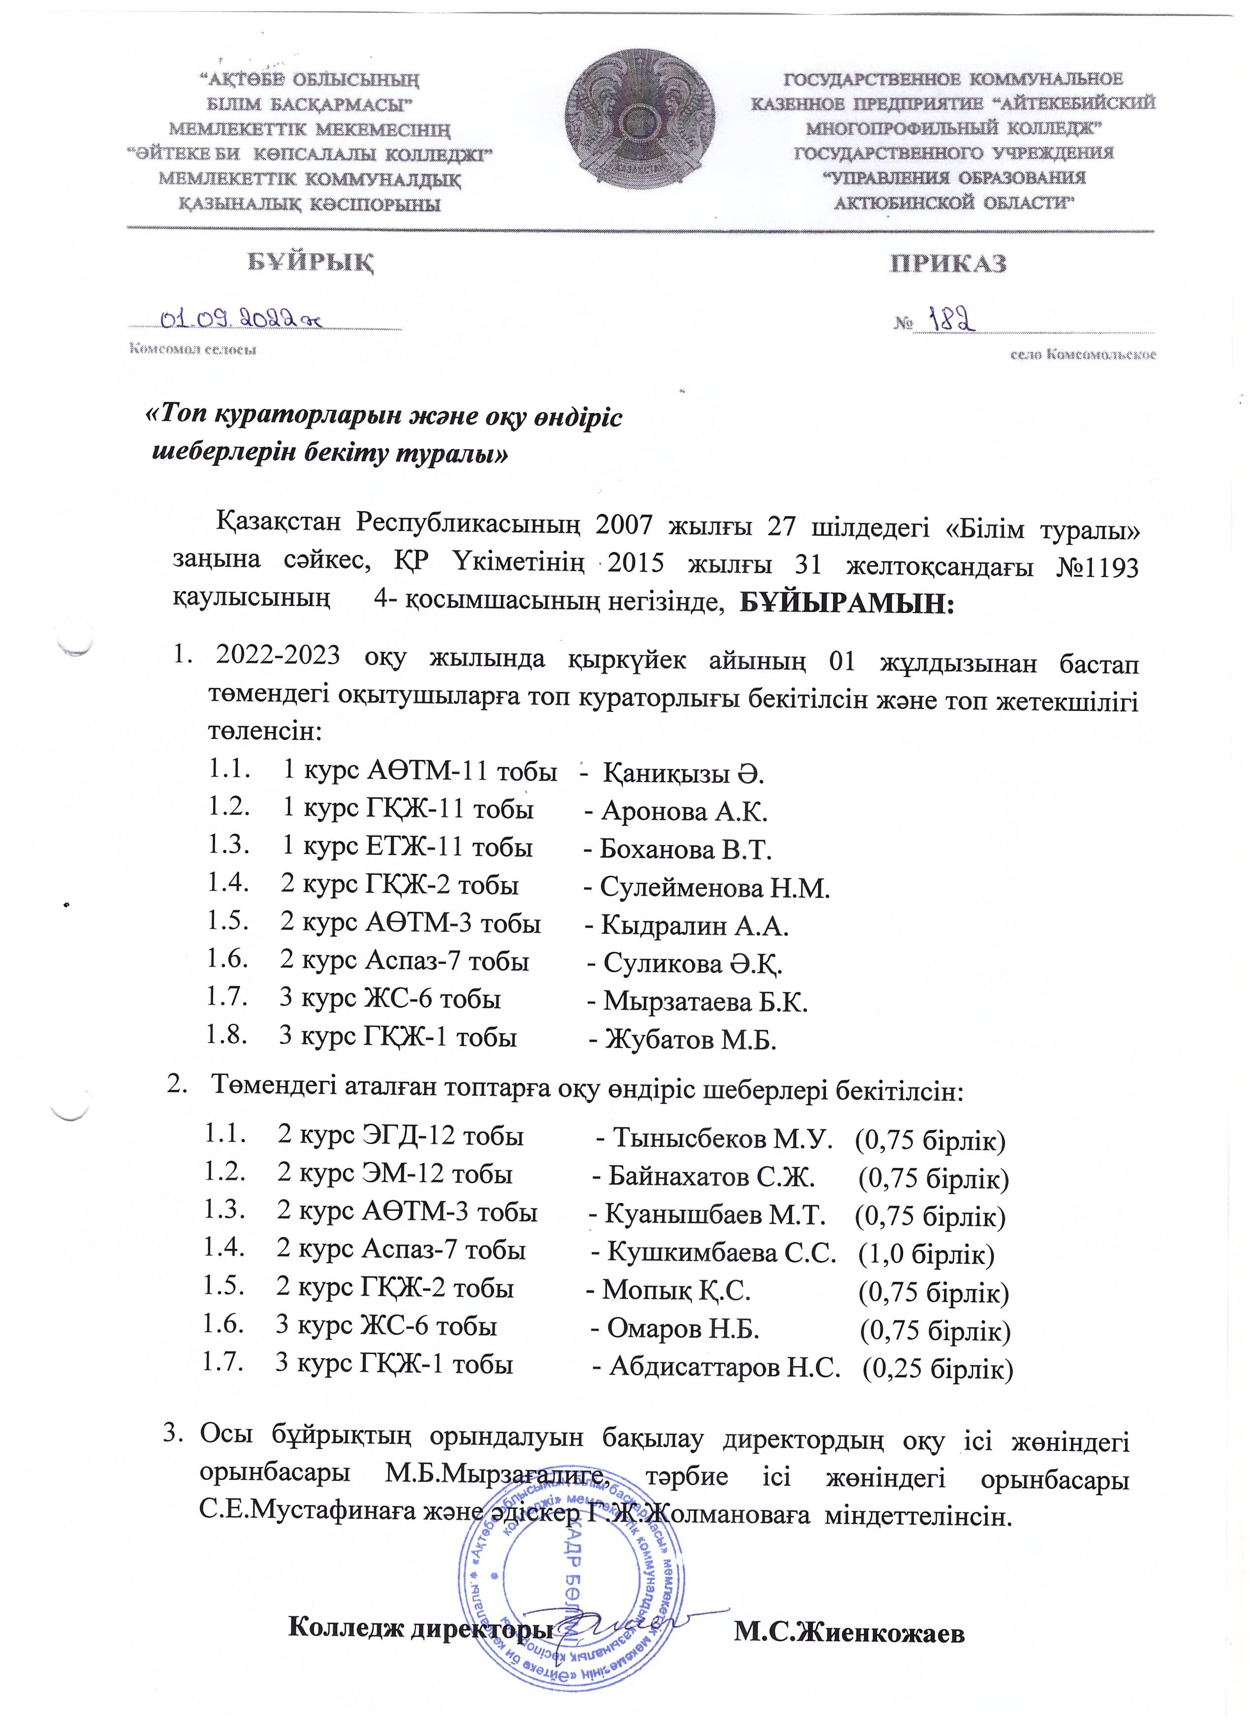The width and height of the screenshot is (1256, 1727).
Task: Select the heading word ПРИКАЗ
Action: pyautogui.click(x=948, y=263)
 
